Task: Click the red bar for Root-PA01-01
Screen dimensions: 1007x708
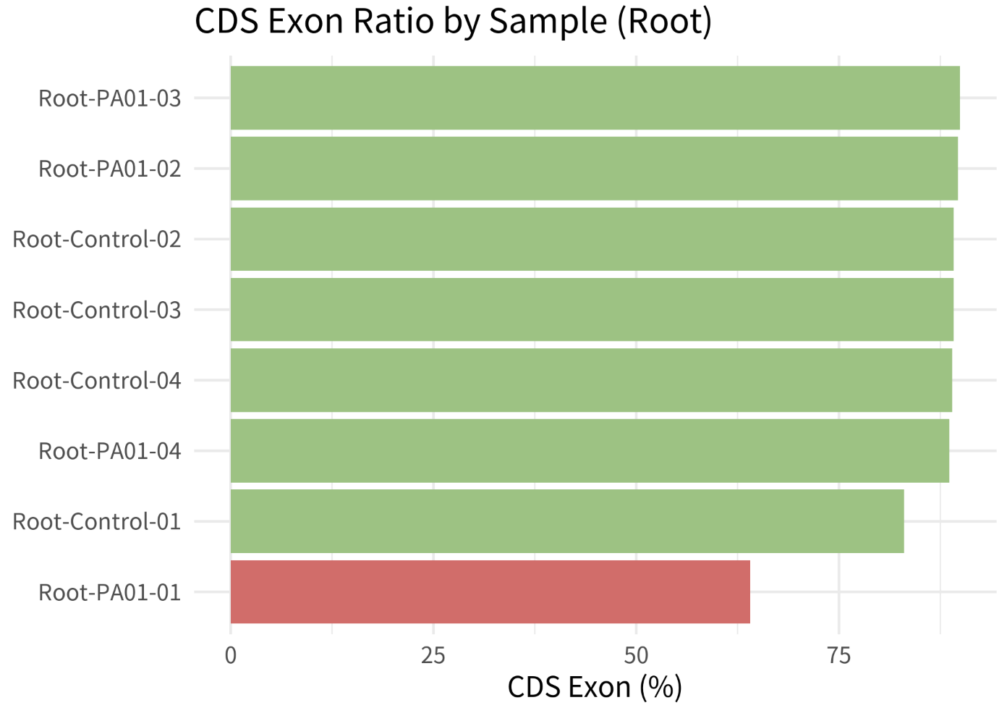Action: (490, 592)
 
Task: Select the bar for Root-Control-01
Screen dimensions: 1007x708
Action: (567, 521)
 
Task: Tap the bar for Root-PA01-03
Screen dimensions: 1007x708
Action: (595, 98)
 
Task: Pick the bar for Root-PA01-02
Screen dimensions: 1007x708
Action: (595, 169)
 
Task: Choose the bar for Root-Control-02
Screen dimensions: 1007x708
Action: (592, 240)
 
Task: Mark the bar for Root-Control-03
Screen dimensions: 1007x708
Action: (592, 310)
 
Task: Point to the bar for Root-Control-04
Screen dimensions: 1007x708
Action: (591, 380)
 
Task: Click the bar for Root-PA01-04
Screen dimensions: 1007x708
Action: (590, 451)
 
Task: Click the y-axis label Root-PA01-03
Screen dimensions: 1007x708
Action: (110, 98)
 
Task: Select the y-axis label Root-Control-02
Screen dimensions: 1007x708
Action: (97, 240)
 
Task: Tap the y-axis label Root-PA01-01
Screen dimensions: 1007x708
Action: (110, 592)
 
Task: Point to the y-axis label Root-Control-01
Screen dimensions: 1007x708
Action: (97, 522)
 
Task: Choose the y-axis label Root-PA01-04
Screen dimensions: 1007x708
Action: (110, 451)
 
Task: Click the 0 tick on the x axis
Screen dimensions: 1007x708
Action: (231, 657)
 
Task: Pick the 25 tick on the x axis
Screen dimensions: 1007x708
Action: (433, 657)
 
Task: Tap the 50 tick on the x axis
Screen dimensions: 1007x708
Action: (636, 657)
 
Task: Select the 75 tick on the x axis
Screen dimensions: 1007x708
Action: (839, 657)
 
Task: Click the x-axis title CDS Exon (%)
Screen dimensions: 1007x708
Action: (595, 688)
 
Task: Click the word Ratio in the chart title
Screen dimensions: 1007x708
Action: (394, 21)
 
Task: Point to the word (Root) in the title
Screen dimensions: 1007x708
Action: (664, 22)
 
